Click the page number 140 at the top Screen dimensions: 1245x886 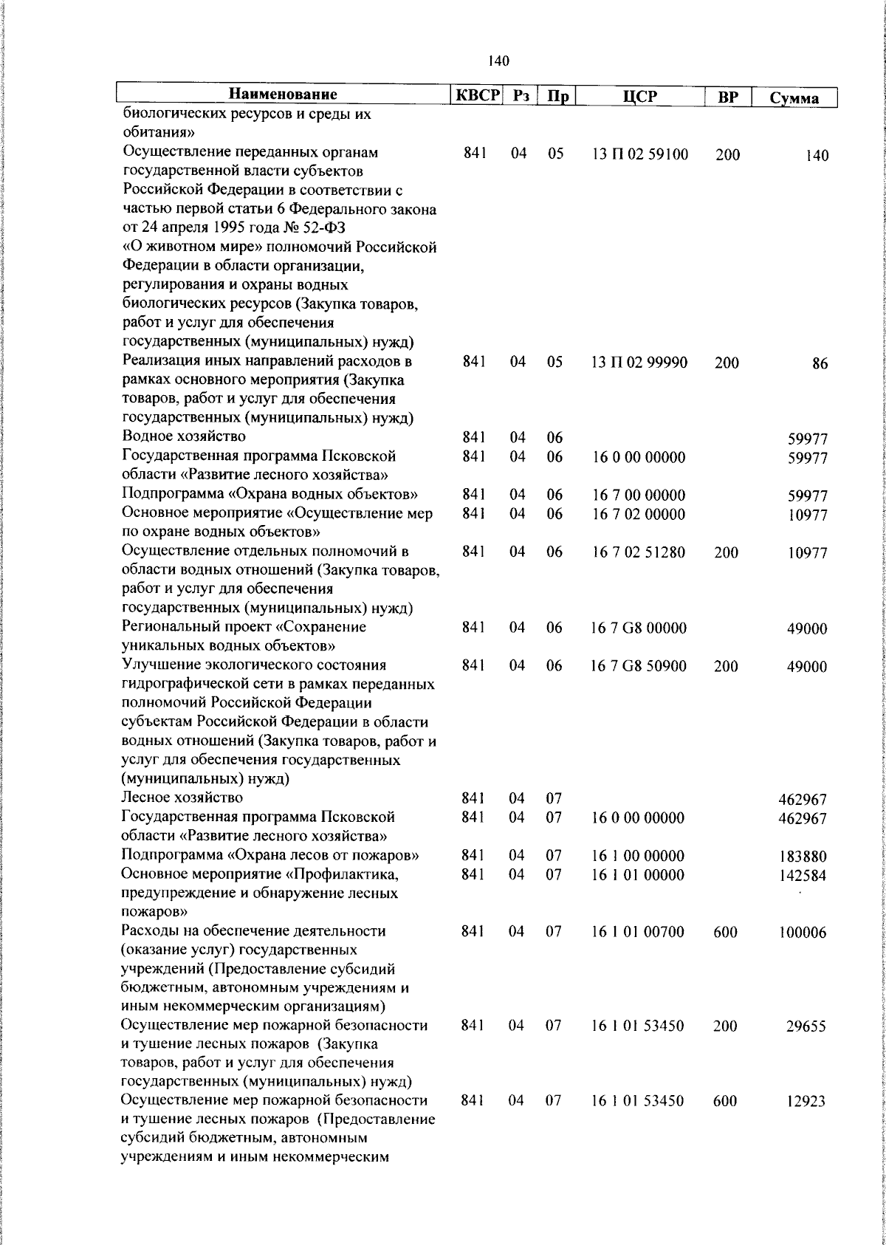(498, 61)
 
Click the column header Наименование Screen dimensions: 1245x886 (283, 95)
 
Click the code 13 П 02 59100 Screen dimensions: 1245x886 (639, 155)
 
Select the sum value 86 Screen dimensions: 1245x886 (820, 364)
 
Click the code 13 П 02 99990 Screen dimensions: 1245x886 (639, 363)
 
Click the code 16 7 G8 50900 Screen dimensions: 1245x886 (639, 666)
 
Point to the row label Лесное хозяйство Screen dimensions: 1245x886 (182, 798)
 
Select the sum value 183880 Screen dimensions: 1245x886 (803, 857)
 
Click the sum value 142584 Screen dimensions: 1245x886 (803, 877)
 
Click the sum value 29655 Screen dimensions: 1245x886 (806, 1027)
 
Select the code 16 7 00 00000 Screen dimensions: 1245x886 (638, 495)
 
